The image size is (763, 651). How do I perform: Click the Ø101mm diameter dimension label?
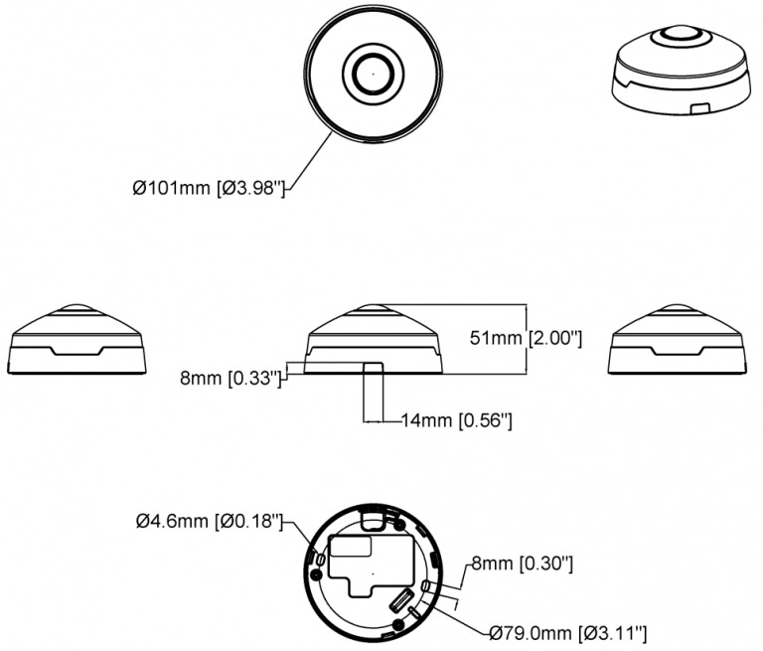click(x=208, y=188)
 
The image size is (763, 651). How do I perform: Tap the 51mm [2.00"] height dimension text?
click(x=526, y=338)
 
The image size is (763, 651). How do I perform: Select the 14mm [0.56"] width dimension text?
click(x=456, y=419)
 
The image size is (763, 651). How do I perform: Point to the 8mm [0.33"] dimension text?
click(x=230, y=378)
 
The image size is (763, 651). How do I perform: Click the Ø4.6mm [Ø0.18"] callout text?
click(x=210, y=522)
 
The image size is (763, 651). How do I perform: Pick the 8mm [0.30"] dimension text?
click(x=523, y=564)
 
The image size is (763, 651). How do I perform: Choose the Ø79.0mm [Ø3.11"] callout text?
click(x=568, y=633)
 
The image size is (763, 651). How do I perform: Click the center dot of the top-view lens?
click(x=374, y=74)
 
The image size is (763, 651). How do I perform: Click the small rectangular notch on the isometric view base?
click(x=700, y=107)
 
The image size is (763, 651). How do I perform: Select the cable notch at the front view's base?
click(x=374, y=368)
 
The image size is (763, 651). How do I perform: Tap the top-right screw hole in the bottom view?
click(x=399, y=525)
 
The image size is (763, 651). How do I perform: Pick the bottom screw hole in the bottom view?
click(x=398, y=624)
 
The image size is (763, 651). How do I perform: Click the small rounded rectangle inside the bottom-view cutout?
click(x=351, y=547)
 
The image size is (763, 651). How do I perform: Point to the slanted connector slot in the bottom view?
click(x=399, y=599)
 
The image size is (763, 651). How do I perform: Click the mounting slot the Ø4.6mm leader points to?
click(x=320, y=560)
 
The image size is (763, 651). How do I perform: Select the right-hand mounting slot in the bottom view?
click(x=425, y=585)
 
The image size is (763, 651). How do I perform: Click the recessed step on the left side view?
click(x=76, y=351)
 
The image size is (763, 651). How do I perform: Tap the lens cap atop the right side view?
click(x=678, y=308)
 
